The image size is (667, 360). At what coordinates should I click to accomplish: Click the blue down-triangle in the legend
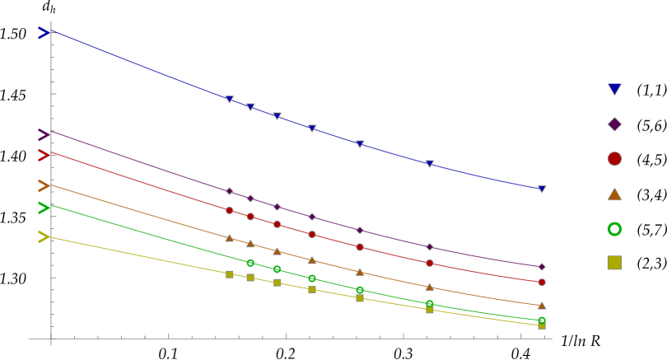pyautogui.click(x=614, y=89)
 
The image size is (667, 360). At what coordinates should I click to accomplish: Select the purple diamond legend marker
pyautogui.click(x=614, y=124)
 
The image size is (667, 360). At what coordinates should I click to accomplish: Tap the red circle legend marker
pyautogui.click(x=614, y=159)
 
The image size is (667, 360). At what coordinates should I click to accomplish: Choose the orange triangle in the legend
pyautogui.click(x=614, y=194)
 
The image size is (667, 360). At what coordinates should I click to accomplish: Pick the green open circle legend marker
pyautogui.click(x=614, y=229)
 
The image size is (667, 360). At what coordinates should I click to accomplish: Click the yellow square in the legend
pyautogui.click(x=614, y=263)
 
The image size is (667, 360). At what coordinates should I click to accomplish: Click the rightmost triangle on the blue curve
pyautogui.click(x=542, y=189)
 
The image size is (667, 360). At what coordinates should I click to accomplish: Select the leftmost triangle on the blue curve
pyautogui.click(x=230, y=100)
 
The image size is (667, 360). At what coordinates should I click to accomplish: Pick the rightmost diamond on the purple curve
pyautogui.click(x=542, y=267)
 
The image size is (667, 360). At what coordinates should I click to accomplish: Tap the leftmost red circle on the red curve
pyautogui.click(x=230, y=210)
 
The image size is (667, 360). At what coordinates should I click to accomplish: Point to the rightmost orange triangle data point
pyautogui.click(x=542, y=306)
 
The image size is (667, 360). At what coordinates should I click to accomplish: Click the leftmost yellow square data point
pyautogui.click(x=230, y=274)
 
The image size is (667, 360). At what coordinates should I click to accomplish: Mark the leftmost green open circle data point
pyautogui.click(x=250, y=263)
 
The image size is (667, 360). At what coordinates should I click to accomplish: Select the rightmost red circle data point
pyautogui.click(x=542, y=282)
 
